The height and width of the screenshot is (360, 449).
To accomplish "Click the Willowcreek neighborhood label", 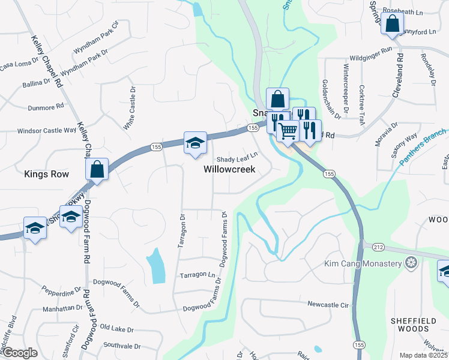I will click(229, 169).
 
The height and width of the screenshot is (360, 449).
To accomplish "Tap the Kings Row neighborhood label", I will click(46, 174).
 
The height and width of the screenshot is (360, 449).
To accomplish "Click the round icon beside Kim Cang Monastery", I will click(411, 263).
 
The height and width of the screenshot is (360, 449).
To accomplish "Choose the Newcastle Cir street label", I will click(328, 305).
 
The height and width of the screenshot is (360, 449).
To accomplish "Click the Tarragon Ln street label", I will click(197, 275).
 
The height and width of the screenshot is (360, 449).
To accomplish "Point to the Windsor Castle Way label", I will click(47, 130).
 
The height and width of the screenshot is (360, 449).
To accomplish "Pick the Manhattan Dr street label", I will click(63, 307).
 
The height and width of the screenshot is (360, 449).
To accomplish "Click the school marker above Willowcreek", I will click(195, 143).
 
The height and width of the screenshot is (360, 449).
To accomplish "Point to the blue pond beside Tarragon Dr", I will click(155, 265).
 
